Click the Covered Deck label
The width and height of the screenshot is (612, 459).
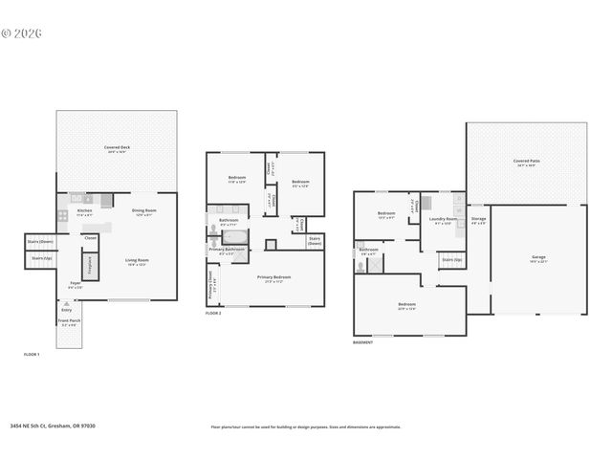click(118, 147)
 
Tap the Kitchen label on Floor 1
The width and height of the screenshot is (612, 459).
click(84, 210)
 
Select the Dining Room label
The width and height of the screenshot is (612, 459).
click(143, 210)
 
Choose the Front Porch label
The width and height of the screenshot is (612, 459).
click(70, 321)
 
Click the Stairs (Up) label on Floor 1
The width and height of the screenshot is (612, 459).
click(41, 258)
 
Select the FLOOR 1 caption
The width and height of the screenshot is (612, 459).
click(33, 354)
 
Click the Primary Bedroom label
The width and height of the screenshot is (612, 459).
click(274, 277)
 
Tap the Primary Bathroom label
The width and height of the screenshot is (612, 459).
click(227, 250)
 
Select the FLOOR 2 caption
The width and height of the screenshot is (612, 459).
click(214, 313)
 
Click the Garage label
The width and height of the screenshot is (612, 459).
click(539, 257)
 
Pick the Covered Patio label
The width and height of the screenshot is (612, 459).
click(527, 161)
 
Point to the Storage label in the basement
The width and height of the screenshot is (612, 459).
click(479, 219)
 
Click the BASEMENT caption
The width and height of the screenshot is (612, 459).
click(362, 341)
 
